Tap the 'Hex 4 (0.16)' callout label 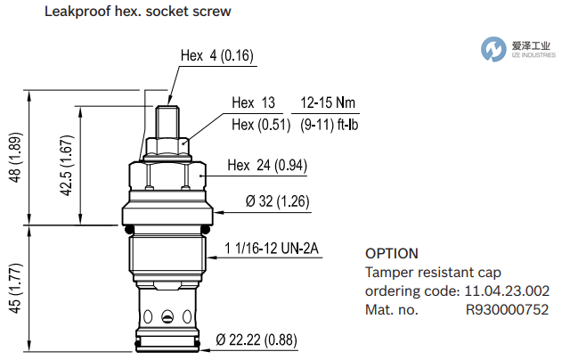pos(217,56)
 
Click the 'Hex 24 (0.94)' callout pos(267,165)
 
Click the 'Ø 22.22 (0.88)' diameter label pos(257,340)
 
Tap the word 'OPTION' pos(392,254)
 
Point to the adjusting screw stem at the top pos(167,119)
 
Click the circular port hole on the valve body pos(167,315)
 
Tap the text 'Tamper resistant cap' pos(434,273)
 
